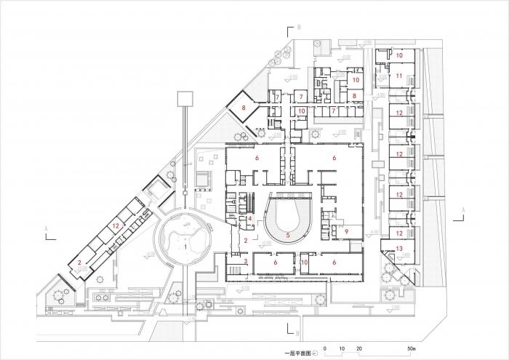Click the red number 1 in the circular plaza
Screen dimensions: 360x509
tap(185, 247)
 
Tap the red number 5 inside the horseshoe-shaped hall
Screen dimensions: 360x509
tap(288, 235)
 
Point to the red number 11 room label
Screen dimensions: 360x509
tap(399, 76)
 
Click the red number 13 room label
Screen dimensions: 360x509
tap(399, 249)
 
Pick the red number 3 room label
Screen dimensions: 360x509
tap(246, 261)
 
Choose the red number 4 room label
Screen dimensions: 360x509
tap(249, 217)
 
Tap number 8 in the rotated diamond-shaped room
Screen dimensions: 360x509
tap(244, 109)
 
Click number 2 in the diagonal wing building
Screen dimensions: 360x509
tap(79, 262)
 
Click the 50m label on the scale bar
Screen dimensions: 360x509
tap(412, 348)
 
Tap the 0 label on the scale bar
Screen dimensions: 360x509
tap(326, 348)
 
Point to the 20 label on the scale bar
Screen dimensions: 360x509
tap(360, 348)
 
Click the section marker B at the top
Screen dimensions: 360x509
tap(299, 28)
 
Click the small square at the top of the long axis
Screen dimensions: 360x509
tap(184, 97)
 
